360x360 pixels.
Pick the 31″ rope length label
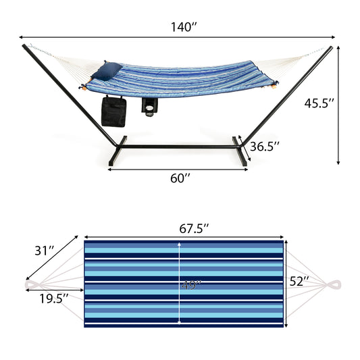(45, 251)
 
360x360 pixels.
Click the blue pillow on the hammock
(111, 70)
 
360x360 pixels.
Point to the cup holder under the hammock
(149, 106)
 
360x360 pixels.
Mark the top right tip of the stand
(330, 48)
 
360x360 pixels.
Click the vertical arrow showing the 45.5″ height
(338, 105)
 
